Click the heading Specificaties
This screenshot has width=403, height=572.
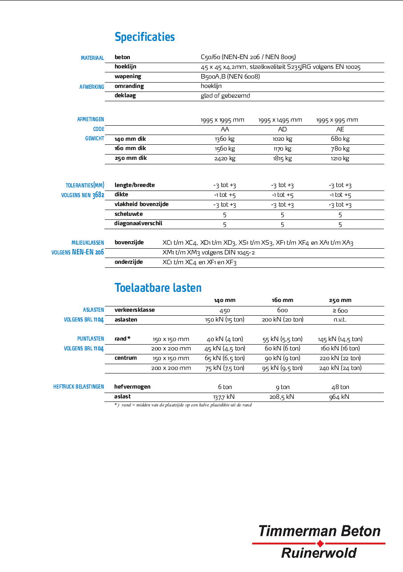tap(145, 37)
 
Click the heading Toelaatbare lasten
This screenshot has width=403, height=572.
tap(158, 288)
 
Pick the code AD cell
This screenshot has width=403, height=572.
tap(282, 129)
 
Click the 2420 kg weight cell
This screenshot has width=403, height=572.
tap(224, 158)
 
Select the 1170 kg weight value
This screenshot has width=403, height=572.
tap(282, 149)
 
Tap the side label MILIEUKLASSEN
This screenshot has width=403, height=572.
tap(88, 243)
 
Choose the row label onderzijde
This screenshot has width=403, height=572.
tap(128, 262)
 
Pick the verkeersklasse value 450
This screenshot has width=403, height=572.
tap(225, 310)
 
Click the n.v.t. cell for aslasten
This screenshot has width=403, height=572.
tap(340, 320)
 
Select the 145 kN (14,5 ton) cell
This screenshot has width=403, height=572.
tap(340, 339)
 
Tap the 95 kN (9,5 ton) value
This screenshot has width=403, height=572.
tap(282, 368)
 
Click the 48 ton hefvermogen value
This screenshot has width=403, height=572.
tap(340, 387)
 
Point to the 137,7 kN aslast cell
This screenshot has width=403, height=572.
tap(224, 397)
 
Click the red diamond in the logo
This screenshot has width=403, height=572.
tap(319, 543)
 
